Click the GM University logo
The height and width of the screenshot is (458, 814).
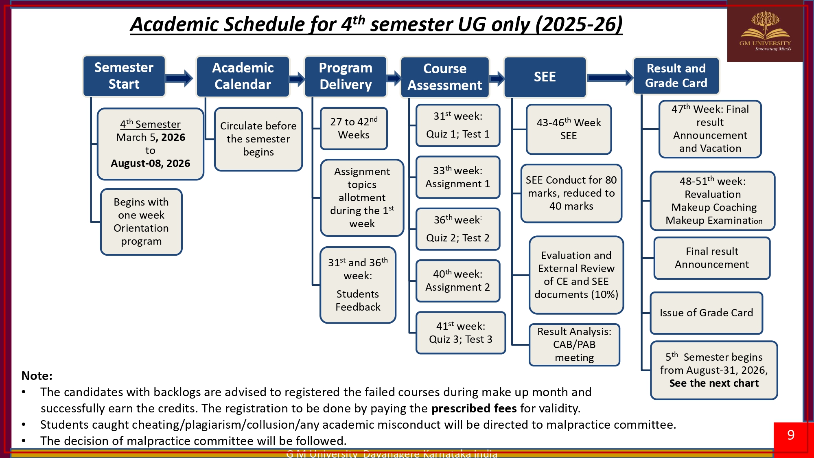click(x=765, y=32)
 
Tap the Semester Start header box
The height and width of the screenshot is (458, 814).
click(x=124, y=76)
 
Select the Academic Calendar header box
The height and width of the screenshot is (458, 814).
click(x=243, y=77)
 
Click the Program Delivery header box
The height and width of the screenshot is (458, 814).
click(x=346, y=77)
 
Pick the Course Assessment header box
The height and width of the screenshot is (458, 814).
click(x=444, y=77)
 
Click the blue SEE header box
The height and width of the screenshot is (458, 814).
click(x=545, y=77)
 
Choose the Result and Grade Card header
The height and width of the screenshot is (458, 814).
click(x=676, y=76)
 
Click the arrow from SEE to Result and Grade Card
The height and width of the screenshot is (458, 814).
click(x=610, y=77)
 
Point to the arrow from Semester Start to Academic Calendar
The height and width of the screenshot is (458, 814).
click(x=179, y=78)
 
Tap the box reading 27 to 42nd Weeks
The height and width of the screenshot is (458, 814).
click(x=354, y=128)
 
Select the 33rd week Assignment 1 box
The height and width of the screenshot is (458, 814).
click(x=457, y=178)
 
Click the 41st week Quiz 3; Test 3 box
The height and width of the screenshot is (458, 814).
click(x=460, y=333)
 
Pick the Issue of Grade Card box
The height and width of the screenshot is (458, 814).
click(x=706, y=313)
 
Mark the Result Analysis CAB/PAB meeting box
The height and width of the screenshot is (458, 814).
click(x=574, y=344)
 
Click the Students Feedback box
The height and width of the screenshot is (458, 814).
click(x=358, y=285)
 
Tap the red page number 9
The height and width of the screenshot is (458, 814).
click(x=790, y=435)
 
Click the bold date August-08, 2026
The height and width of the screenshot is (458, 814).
click(x=150, y=164)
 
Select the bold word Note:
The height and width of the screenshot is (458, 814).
click(x=37, y=376)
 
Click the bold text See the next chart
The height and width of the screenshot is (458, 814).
click(x=714, y=383)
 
